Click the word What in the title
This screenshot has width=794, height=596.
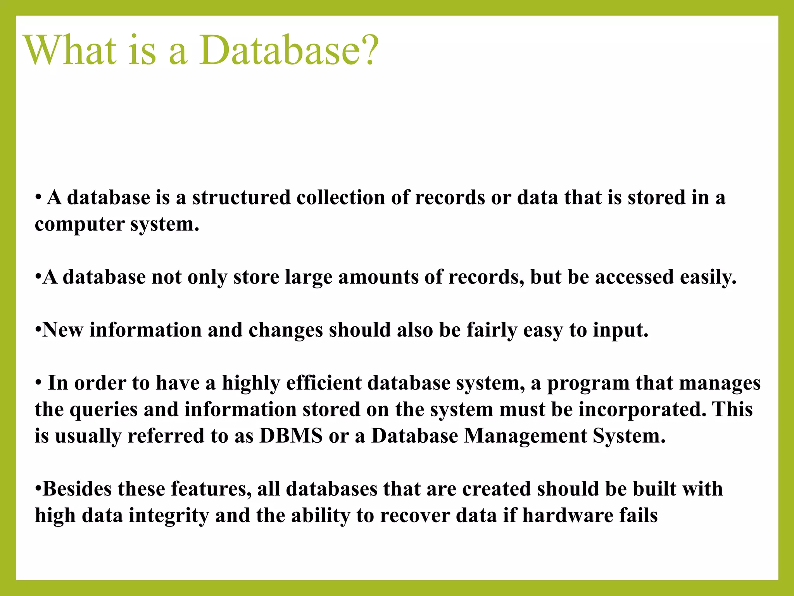pos(70,50)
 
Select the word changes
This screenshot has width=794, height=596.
pos(285,330)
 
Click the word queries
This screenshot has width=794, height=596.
pos(104,410)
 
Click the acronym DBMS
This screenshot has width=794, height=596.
pos(291,436)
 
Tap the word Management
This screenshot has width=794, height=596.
pos(525,436)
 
